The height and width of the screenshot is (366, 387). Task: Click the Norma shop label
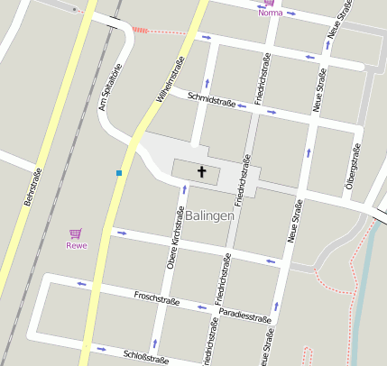270,13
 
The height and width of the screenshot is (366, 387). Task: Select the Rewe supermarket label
76,245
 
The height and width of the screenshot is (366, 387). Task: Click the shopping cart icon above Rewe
76,233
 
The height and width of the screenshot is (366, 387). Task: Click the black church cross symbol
202,170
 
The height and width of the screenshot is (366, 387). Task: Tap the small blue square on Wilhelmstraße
119,172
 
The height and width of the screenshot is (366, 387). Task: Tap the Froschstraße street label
154,297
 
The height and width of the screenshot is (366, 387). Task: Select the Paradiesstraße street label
245,316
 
